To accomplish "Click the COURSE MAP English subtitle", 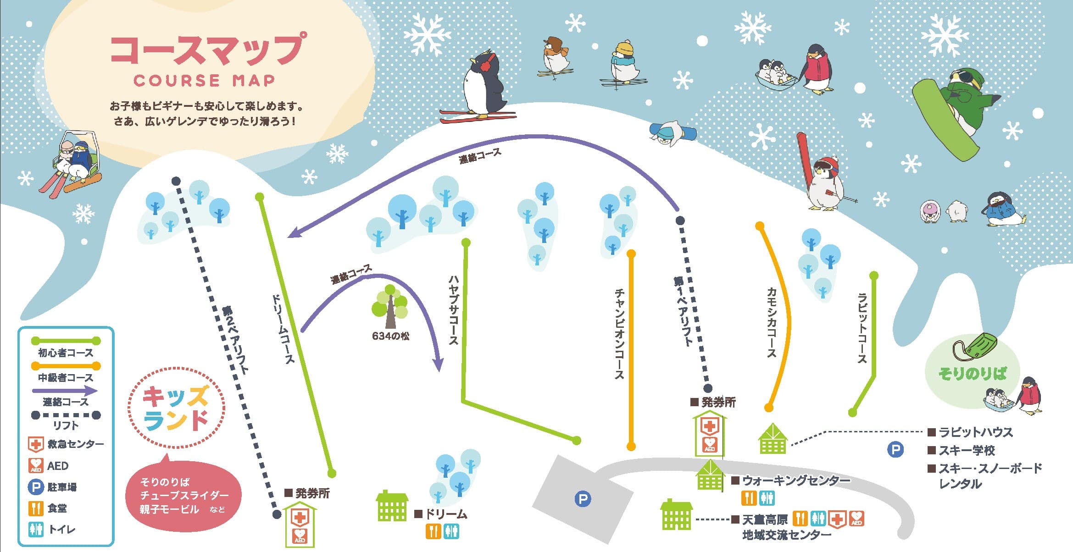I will [204, 80].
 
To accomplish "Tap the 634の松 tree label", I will [390, 336].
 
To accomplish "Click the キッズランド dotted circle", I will [176, 408].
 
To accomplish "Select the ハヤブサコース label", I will [453, 309].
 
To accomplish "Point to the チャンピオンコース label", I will [619, 333].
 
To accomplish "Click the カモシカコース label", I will [772, 322].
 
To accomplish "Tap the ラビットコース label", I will [862, 328].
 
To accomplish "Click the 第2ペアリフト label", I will [235, 339].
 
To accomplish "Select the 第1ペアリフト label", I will [683, 310].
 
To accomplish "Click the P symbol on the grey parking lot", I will [583, 498].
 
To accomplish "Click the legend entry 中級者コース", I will [66, 378].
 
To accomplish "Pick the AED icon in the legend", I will [36, 466].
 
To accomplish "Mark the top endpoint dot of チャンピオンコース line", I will [631, 254].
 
